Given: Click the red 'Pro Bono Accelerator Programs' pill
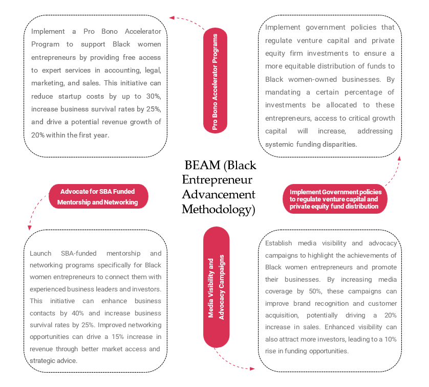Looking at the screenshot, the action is (x=215, y=81).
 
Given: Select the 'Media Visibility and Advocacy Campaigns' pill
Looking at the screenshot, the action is (x=216, y=287).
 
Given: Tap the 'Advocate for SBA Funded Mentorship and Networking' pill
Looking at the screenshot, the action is (x=98, y=196).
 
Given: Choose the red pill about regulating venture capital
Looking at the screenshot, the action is (x=335, y=199).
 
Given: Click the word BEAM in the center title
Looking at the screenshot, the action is (x=202, y=165).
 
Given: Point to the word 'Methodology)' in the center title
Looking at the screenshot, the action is (x=219, y=210).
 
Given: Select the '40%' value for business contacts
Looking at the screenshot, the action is (x=78, y=313).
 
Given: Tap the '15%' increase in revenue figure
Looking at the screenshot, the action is (x=118, y=337).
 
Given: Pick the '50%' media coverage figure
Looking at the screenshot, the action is (x=315, y=291).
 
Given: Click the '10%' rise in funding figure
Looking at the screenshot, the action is (x=391, y=339).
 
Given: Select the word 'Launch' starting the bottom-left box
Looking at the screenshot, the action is (x=40, y=254).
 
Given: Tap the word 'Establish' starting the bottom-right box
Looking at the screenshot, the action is (x=278, y=243).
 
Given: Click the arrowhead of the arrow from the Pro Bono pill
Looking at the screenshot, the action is (x=172, y=18).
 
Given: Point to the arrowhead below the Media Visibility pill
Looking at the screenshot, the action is (x=252, y=369).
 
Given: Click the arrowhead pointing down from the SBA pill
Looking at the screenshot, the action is (x=30, y=228).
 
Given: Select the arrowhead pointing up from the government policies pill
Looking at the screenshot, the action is (x=399, y=158).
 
